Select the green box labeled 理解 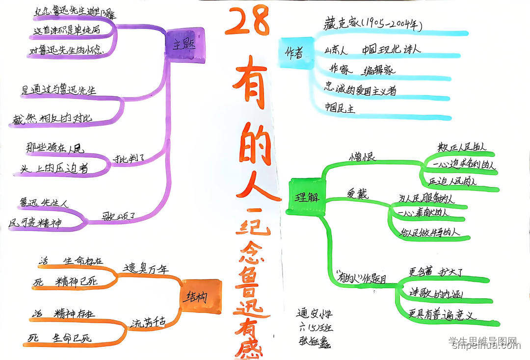[x=307, y=197]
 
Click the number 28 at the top [x=248, y=22]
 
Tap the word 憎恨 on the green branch [x=362, y=157]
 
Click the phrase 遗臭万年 [x=146, y=269]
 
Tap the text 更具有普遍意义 [x=443, y=315]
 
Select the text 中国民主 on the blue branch [x=340, y=107]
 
